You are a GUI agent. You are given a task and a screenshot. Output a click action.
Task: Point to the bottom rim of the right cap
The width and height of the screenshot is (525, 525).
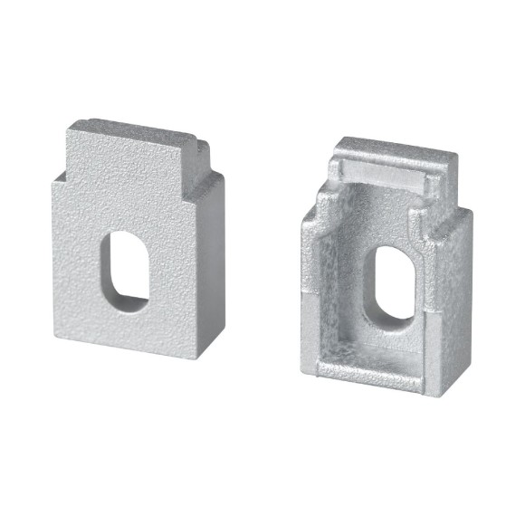point(362,380)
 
